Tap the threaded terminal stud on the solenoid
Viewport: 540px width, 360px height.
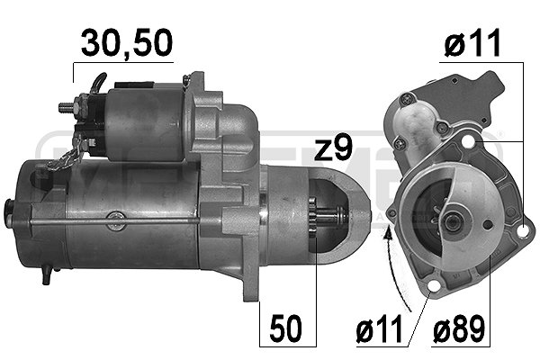click(66, 107)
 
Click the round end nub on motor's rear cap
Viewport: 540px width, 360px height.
click(11, 217)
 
